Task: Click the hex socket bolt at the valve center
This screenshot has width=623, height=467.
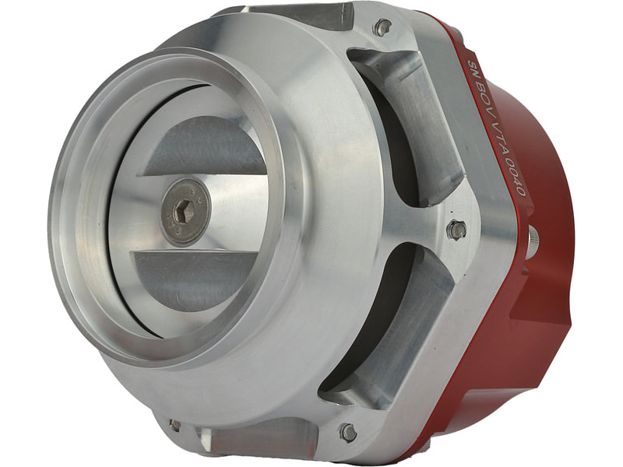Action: pyautogui.click(x=186, y=209)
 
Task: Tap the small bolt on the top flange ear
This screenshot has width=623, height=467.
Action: pyautogui.click(x=382, y=28)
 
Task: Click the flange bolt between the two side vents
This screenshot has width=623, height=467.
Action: pyautogui.click(x=457, y=230)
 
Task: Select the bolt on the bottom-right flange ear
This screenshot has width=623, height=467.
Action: pyautogui.click(x=348, y=433)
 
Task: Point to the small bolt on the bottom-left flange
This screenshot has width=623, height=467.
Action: pyautogui.click(x=174, y=425)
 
